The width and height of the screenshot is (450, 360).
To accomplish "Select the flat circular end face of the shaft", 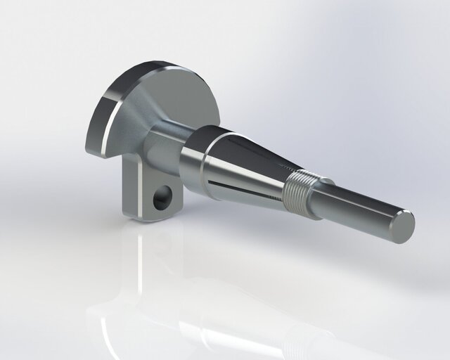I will click(x=402, y=226).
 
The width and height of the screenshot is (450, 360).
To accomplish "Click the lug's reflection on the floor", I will click(x=141, y=267).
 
